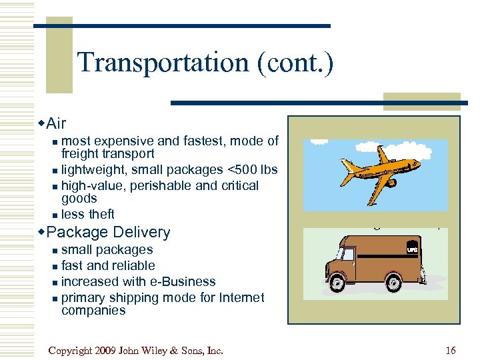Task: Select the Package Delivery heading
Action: click(109, 232)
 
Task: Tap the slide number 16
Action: click(451, 351)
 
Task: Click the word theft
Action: click(101, 214)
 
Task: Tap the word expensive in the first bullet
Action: click(121, 141)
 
